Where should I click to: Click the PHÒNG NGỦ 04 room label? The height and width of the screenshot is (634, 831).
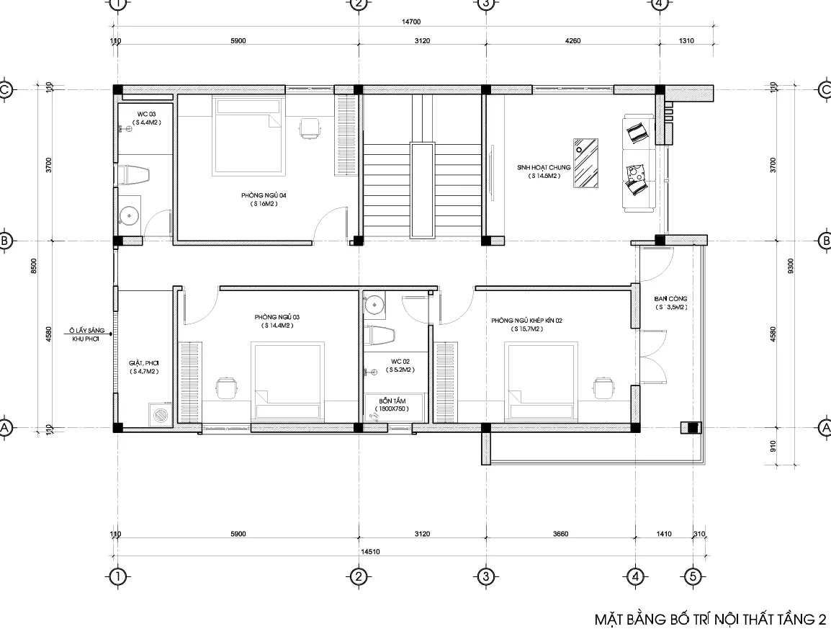[x=264, y=196]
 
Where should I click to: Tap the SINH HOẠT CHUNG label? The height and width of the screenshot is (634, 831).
[x=544, y=168]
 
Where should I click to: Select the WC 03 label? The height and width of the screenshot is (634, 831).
[x=146, y=114]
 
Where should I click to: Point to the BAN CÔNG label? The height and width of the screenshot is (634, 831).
[x=670, y=299]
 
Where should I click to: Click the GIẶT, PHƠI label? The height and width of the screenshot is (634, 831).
[x=143, y=363]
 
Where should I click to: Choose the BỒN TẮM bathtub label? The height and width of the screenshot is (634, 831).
[x=392, y=401]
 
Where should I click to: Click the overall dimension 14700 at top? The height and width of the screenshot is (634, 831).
[x=410, y=22]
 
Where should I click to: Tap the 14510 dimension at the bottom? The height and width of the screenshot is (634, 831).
[x=370, y=551]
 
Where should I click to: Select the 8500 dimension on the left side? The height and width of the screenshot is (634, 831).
[x=34, y=266]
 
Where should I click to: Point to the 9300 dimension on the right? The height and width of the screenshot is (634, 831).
[x=791, y=266]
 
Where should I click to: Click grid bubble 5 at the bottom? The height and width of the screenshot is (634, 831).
[x=692, y=576]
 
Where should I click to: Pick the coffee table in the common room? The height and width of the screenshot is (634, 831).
[x=585, y=163]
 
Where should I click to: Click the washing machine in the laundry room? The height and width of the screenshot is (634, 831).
[x=160, y=414]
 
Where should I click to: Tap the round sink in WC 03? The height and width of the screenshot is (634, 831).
[x=129, y=215]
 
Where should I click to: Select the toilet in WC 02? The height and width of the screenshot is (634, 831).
[x=379, y=335]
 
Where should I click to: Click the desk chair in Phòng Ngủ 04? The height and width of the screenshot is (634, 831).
[x=310, y=129]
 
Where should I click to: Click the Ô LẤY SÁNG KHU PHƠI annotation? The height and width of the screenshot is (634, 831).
[x=86, y=334]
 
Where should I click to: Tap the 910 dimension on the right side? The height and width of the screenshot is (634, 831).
[x=773, y=447]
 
